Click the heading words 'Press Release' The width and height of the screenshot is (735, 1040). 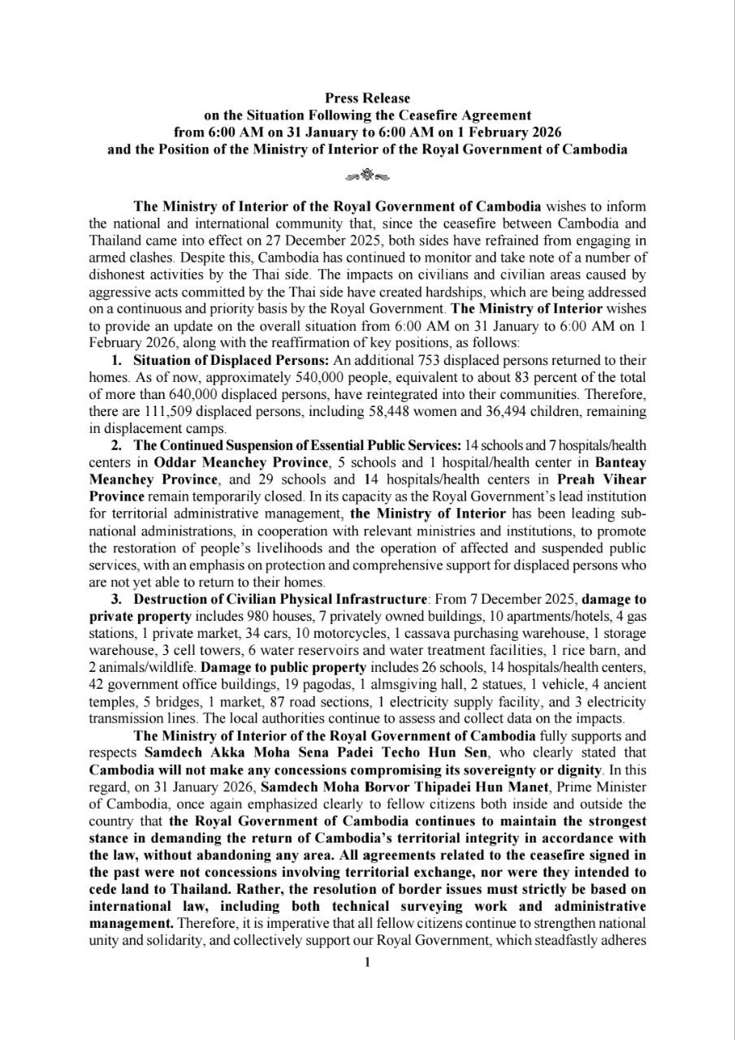pos(368,98)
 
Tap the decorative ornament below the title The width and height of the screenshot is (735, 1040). pos(368,174)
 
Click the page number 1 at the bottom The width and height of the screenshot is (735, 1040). pos(368,963)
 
